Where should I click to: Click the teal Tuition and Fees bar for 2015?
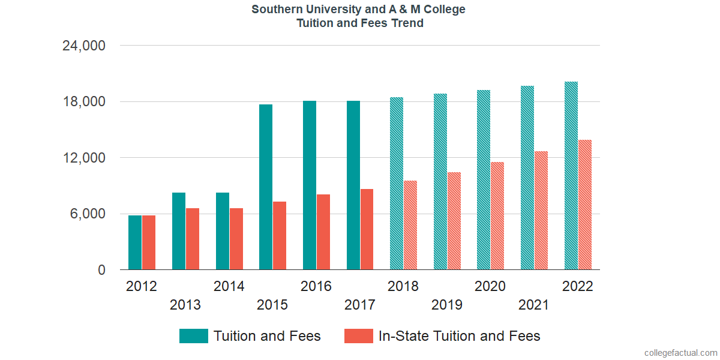(x=266, y=187)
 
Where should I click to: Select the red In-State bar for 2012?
(x=149, y=242)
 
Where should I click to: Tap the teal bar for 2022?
(x=571, y=176)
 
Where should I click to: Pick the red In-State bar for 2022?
(x=585, y=205)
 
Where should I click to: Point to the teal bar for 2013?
(x=179, y=231)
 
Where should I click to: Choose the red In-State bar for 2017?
(x=367, y=229)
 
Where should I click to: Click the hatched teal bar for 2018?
(x=397, y=184)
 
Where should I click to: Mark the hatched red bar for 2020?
(x=497, y=216)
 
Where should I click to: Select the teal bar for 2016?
(x=310, y=185)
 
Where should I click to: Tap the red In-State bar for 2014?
(x=236, y=239)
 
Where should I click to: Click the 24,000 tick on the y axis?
(x=84, y=46)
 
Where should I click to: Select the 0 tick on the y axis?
(x=102, y=270)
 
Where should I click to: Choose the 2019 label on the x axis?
(x=447, y=305)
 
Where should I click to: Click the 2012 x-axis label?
(x=142, y=286)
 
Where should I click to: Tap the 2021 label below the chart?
(x=534, y=305)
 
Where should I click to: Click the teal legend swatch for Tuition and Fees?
(x=193, y=336)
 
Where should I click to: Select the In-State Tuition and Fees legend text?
(x=459, y=336)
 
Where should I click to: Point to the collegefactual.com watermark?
(x=680, y=353)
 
